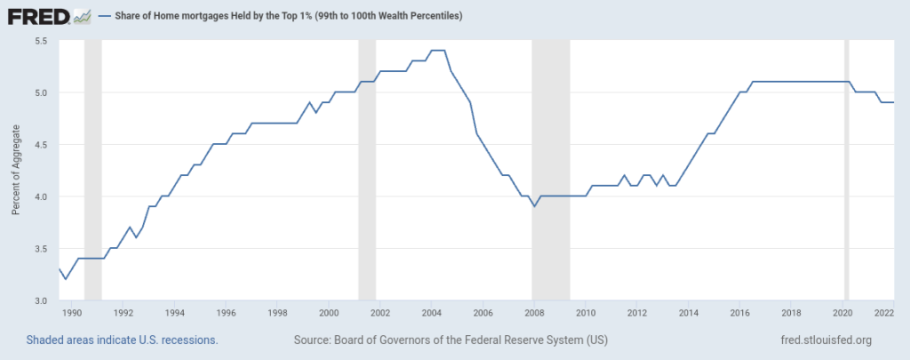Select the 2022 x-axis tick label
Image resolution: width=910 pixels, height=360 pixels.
883,313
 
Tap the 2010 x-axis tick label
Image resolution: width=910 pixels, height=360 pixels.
585,313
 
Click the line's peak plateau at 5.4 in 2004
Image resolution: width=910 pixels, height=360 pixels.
437,51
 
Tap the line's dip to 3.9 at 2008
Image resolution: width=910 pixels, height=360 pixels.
534,206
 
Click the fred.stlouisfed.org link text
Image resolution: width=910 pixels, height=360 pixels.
824,340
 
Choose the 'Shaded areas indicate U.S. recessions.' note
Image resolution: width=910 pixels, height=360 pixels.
123,340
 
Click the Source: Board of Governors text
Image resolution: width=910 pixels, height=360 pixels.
451,340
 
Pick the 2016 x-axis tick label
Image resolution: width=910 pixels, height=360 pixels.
738,313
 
